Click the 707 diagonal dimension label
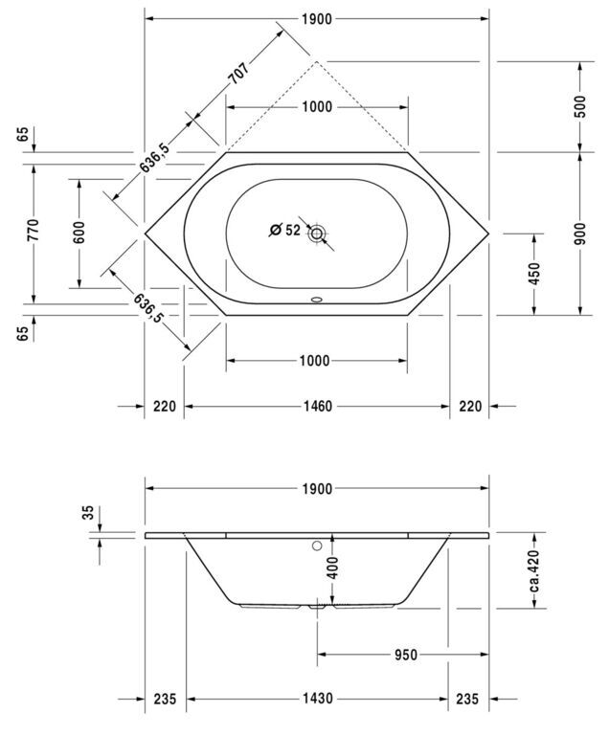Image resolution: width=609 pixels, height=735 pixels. click(238, 73)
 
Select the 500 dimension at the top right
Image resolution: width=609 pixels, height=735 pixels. click(580, 106)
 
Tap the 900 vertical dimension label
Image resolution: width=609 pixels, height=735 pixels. click(580, 234)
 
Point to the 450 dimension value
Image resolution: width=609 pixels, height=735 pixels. click(534, 274)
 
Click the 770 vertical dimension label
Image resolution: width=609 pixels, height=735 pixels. click(34, 230)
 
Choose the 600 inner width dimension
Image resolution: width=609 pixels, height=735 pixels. click(79, 233)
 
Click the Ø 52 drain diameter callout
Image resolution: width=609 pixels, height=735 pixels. click(284, 230)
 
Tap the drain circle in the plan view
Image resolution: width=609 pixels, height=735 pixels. click(317, 233)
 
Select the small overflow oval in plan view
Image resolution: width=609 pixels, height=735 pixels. click(317, 299)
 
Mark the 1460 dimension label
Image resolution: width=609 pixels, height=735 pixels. click(316, 406)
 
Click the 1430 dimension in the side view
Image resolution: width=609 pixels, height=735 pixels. click(317, 699)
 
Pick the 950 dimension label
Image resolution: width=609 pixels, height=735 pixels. click(405, 655)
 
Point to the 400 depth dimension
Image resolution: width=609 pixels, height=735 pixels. click(332, 568)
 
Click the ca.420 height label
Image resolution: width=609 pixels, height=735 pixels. click(534, 570)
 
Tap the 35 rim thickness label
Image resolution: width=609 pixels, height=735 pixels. click(88, 512)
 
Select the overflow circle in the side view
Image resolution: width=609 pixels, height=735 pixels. click(317, 546)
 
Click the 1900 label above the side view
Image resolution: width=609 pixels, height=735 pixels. click(317, 489)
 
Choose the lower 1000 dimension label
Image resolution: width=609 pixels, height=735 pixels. click(314, 361)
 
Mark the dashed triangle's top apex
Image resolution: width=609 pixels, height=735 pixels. click(317, 61)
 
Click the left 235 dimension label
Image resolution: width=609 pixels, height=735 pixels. click(165, 699)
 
